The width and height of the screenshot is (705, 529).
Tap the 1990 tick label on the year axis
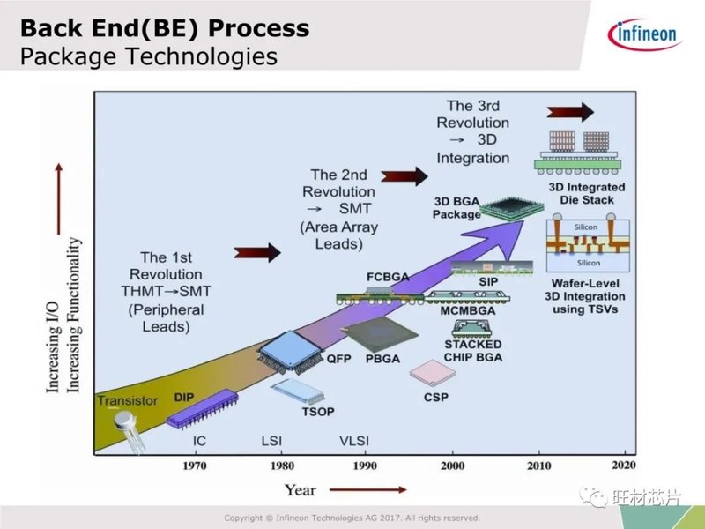pyautogui.click(x=364, y=465)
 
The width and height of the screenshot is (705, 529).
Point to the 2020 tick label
pyautogui.click(x=622, y=465)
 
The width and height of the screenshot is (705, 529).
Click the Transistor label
pyautogui.click(x=128, y=400)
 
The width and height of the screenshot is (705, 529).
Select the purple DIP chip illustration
pyautogui.click(x=202, y=408)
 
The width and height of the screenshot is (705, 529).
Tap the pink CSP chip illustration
pyautogui.click(x=432, y=371)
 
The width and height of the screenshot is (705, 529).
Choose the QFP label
pyautogui.click(x=338, y=359)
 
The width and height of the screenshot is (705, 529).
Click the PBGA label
pyautogui.click(x=382, y=359)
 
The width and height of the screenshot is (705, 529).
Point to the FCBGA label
pyautogui.click(x=388, y=278)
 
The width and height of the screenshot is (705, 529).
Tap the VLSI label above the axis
pyautogui.click(x=355, y=440)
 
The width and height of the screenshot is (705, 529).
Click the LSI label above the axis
pyautogui.click(x=272, y=440)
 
